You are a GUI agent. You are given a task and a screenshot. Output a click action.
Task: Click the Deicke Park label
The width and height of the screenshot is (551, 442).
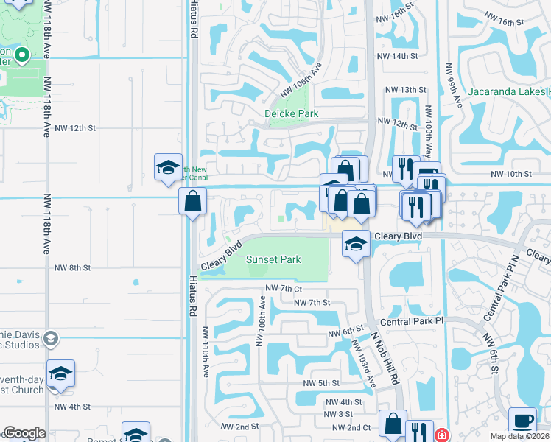[292, 113]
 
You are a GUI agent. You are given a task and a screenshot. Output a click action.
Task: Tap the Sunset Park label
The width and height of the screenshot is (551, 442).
[273, 259]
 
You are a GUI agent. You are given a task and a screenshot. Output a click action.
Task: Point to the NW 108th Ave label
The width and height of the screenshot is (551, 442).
[260, 320]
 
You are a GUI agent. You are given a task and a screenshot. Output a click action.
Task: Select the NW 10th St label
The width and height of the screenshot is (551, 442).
[511, 174]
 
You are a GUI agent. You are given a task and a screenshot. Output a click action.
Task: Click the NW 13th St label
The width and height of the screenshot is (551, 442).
[407, 90]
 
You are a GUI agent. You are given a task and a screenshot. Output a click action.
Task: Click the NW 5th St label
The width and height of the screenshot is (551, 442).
[320, 383]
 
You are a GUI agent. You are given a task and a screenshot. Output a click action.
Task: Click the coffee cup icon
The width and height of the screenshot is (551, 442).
[522, 419]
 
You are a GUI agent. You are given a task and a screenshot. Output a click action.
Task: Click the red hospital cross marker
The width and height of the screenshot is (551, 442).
[441, 435]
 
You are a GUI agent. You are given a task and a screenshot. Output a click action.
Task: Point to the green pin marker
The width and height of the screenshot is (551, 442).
[22, 55]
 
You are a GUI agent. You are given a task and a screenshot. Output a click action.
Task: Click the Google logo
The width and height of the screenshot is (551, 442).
[24, 433]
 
